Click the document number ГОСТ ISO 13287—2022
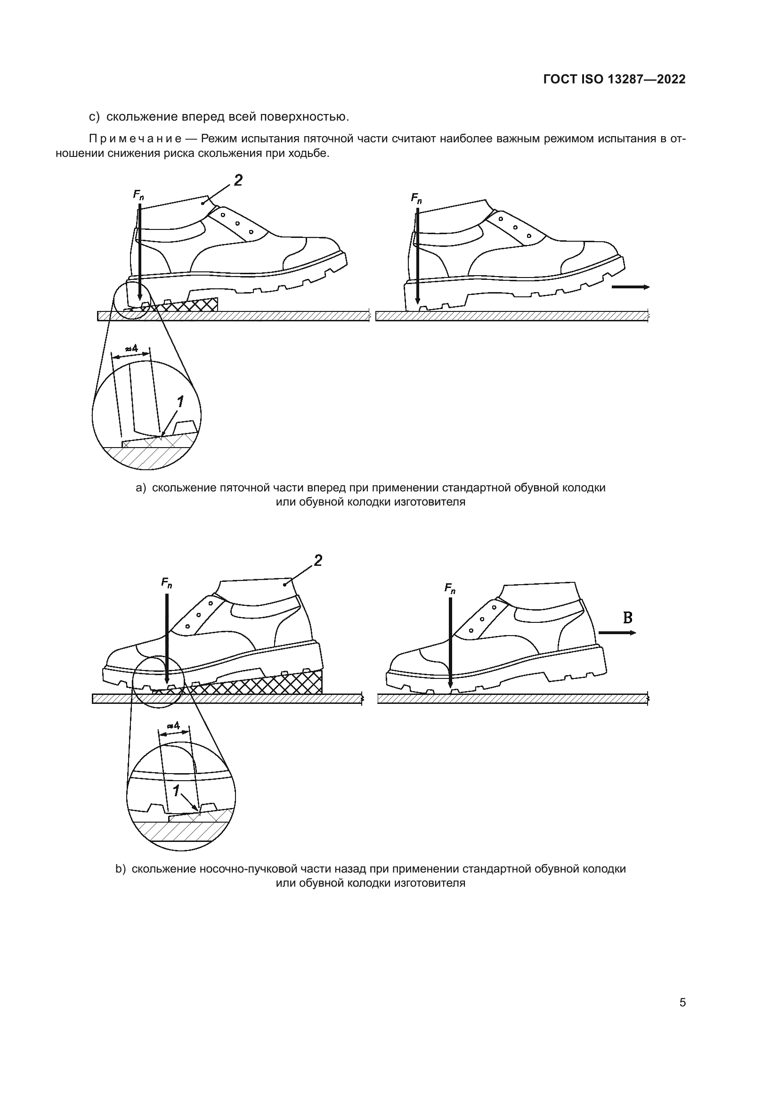(615, 79)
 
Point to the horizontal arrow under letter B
(618, 633)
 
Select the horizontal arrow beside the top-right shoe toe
(631, 286)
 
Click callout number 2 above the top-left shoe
(238, 180)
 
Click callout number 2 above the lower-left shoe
(317, 560)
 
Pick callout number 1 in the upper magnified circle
(180, 402)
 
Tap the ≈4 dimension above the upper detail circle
(131, 349)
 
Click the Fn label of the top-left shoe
(138, 195)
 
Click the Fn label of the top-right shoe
(416, 198)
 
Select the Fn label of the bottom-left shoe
(166, 583)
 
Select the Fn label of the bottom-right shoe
(450, 588)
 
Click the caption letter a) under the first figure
(140, 488)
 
